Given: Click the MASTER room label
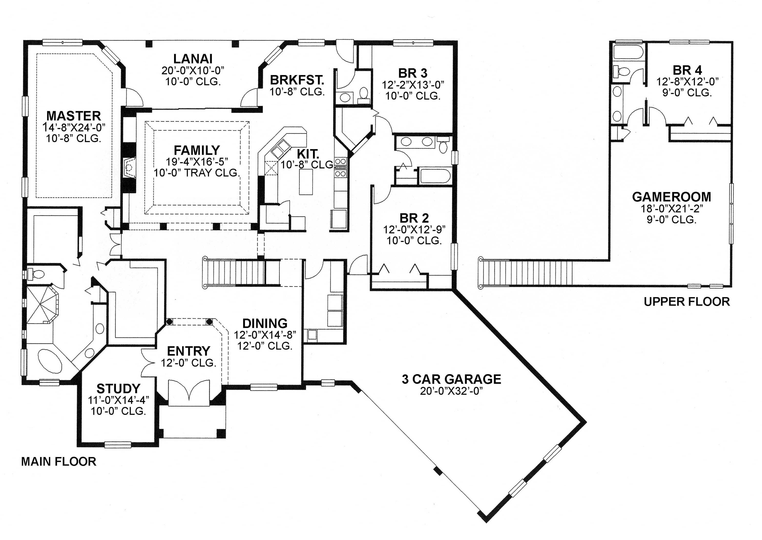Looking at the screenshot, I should click(x=73, y=116).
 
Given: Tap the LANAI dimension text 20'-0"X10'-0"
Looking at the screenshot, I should click(x=193, y=71).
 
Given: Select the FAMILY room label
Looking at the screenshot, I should click(x=197, y=150).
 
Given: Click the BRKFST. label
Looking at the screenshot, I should click(x=297, y=80).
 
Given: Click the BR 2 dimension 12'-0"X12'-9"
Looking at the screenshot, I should click(x=414, y=229).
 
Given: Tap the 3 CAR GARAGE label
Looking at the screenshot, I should click(x=451, y=379).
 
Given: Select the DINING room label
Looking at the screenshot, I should click(x=265, y=323).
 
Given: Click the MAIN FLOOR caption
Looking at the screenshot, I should click(x=59, y=462).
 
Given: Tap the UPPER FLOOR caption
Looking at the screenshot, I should click(x=687, y=302).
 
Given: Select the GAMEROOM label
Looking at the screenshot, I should click(x=671, y=197).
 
